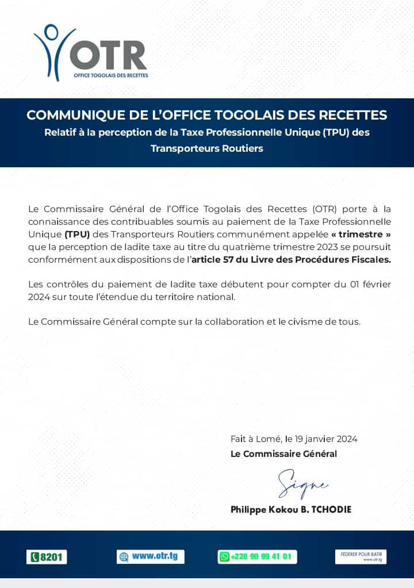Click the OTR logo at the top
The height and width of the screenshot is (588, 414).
[91, 52]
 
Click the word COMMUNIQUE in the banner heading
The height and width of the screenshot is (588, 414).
[72, 114]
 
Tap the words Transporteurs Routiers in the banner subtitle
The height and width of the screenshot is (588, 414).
[206, 148]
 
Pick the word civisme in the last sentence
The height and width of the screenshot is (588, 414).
[300, 321]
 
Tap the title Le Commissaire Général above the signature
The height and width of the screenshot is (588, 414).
[283, 454]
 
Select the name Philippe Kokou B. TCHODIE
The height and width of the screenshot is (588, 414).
[290, 509]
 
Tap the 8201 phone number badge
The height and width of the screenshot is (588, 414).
[47, 557]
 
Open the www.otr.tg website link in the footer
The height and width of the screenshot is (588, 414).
[151, 556]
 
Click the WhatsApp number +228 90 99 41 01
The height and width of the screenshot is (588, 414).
[257, 556]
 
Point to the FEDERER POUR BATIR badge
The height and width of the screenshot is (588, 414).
[361, 556]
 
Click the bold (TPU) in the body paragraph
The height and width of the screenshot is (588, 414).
[77, 234]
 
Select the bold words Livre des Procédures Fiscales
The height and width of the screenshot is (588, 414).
[327, 259]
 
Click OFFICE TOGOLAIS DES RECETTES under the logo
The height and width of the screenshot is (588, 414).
[110, 75]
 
